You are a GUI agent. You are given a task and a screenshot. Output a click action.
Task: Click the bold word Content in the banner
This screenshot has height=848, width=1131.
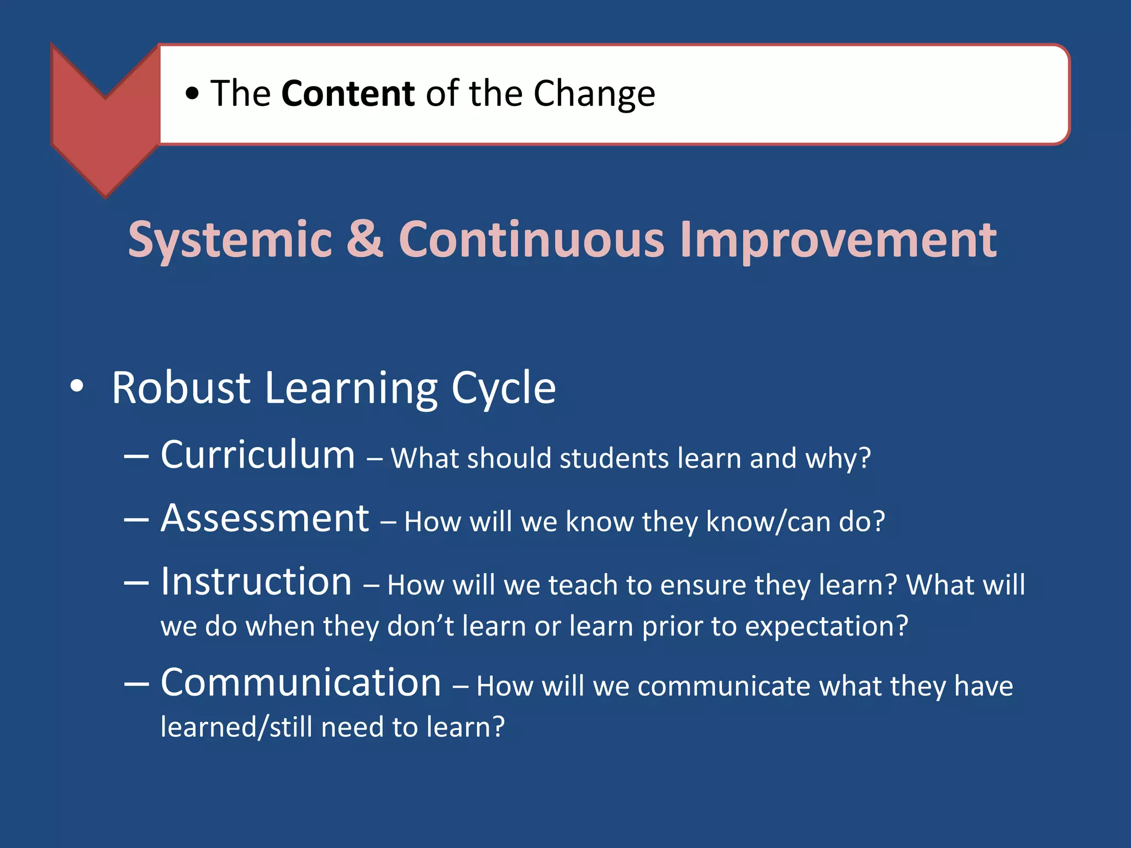coord(347,93)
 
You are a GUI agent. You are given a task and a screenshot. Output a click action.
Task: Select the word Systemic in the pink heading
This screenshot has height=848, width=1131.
coord(230,240)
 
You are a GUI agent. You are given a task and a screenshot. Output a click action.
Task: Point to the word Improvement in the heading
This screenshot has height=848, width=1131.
coord(838,240)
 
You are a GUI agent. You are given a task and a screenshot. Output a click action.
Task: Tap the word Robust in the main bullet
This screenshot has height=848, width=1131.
coord(181,388)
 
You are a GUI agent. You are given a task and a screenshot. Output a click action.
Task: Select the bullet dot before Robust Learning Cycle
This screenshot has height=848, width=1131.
coord(77,386)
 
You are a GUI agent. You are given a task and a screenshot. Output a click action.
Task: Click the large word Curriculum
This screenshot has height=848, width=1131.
coord(257,455)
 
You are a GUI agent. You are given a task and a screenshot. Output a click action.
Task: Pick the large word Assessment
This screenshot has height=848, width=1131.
coord(265,518)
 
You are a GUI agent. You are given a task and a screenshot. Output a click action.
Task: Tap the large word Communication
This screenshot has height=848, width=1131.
coord(300,682)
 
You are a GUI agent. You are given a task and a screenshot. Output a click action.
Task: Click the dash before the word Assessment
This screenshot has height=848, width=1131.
coord(136,520)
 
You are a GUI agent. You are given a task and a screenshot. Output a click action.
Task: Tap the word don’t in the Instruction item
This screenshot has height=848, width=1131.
coord(420,626)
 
